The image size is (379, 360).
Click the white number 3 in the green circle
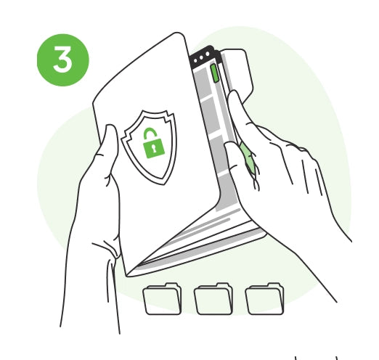(62, 60)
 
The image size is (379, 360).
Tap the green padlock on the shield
(153, 143)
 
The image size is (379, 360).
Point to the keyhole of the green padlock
(154, 148)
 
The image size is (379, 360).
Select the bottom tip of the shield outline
(164, 184)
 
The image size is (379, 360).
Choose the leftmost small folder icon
(162, 299)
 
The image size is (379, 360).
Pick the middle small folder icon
(213, 299)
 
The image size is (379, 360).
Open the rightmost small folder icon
(264, 299)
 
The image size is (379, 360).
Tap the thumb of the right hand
(234, 165)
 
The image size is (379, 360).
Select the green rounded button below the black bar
(215, 73)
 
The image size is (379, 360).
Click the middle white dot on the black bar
(201, 57)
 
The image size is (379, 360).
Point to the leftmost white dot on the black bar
(195, 60)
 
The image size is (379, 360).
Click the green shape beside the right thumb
(248, 157)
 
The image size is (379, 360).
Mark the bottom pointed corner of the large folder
(127, 275)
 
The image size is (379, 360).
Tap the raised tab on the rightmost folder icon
(273, 285)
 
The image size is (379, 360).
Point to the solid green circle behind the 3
(63, 60)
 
